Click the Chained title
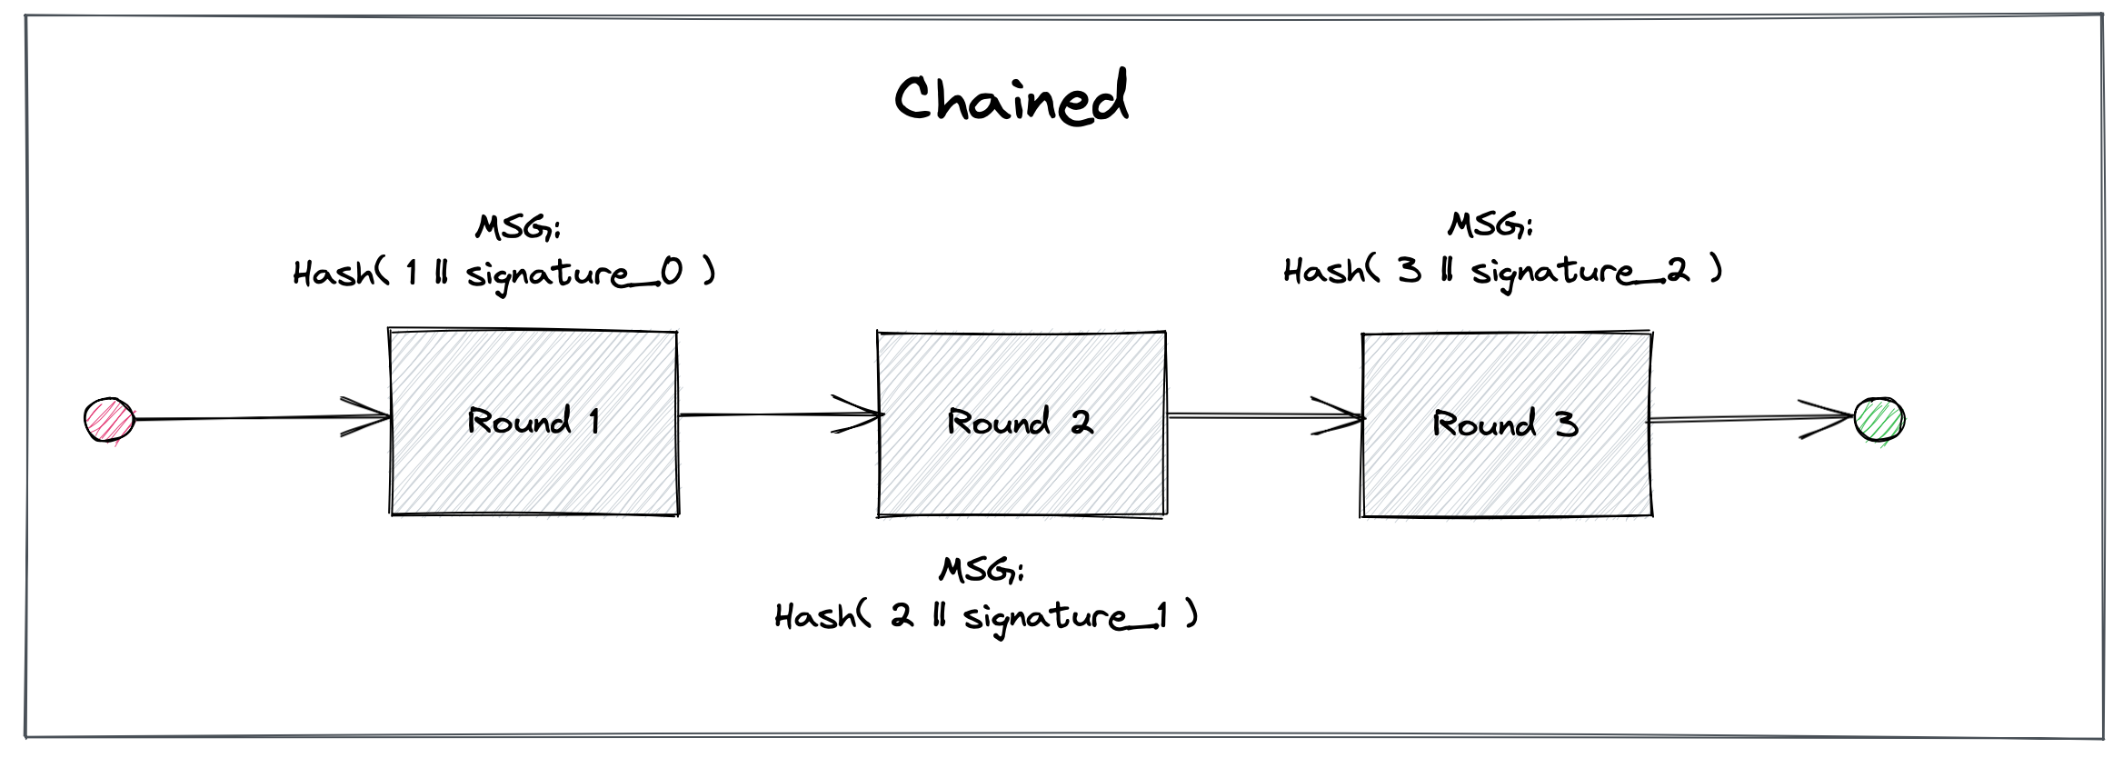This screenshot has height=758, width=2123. pos(1011,98)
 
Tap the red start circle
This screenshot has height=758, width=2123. pos(109,420)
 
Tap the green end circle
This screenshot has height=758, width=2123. pos(1879,420)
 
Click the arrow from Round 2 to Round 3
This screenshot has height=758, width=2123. pos(1263,416)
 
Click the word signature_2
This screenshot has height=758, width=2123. pos(1580,271)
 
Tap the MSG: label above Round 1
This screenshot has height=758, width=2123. pos(518,226)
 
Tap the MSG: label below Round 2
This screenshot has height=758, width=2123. pos(982,570)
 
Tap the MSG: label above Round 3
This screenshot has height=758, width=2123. pos(1490,224)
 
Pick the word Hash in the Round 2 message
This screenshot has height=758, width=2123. pos(815,617)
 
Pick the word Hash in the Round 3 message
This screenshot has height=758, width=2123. pos(1324,271)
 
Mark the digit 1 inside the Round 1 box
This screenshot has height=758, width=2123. pos(594,421)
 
